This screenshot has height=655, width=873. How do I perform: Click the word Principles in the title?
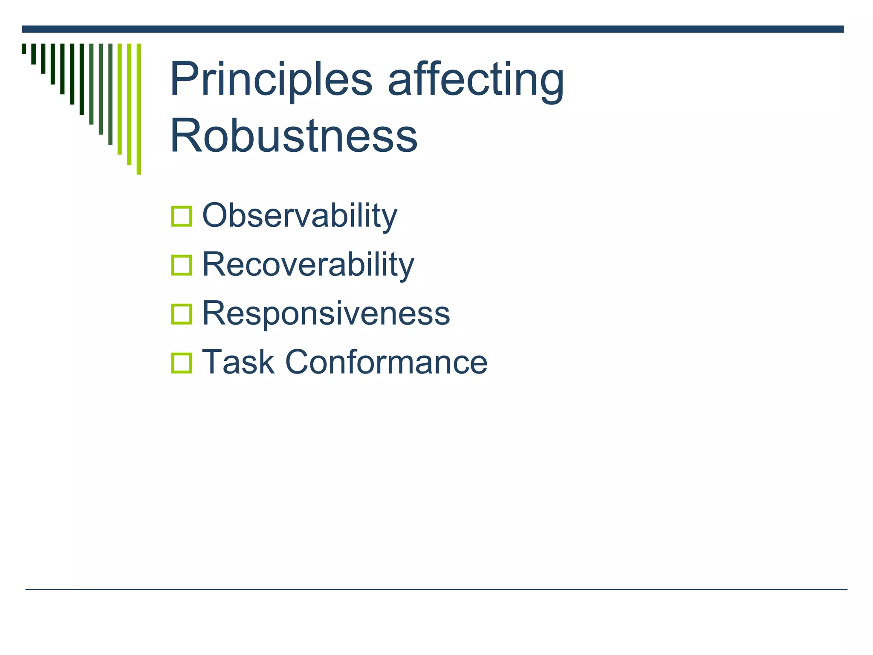click(271, 80)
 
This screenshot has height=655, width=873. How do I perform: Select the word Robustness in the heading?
click(293, 136)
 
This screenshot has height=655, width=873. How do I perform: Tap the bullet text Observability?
click(299, 216)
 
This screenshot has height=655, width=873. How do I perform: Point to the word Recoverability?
click(308, 264)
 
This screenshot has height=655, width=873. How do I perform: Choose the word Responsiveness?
click(326, 313)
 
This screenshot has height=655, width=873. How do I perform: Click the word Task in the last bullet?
click(238, 362)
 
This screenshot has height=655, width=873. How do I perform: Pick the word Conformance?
click(386, 362)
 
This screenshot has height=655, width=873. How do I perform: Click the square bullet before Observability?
click(182, 216)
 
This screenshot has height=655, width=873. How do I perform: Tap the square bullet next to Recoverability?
click(182, 265)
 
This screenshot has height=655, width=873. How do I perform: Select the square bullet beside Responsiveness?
click(182, 314)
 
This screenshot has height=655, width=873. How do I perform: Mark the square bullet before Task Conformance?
click(182, 363)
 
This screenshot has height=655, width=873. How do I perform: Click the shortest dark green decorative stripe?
click(24, 49)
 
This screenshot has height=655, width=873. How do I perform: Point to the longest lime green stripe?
click(139, 109)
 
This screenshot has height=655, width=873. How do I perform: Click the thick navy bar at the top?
click(432, 29)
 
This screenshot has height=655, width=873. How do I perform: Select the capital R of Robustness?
click(184, 136)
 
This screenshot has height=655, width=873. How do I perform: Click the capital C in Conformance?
click(298, 362)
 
